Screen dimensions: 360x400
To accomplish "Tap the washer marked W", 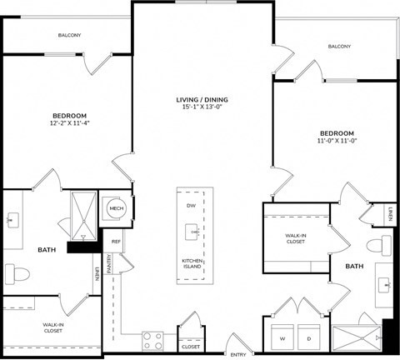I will click(x=282, y=338).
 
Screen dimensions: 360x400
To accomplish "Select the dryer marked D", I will click(x=309, y=338).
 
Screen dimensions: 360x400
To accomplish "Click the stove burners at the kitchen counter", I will click(x=153, y=340).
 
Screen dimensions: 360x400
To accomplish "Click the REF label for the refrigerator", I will click(x=116, y=242).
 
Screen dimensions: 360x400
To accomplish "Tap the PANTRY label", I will click(x=109, y=262).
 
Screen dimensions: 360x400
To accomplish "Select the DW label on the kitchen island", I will click(x=191, y=205).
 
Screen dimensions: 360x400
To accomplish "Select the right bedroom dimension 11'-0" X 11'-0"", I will click(x=336, y=141).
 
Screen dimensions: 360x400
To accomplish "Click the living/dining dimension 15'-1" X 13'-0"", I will click(x=204, y=107).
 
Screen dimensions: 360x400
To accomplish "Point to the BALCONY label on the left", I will click(x=70, y=35).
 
